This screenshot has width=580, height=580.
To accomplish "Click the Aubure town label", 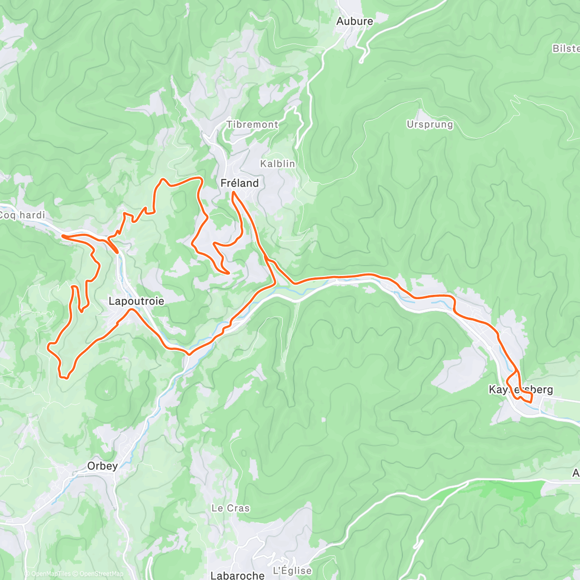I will [x=355, y=21].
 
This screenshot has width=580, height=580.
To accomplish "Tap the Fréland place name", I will [x=239, y=183].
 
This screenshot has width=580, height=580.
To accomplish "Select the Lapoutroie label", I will [x=136, y=302].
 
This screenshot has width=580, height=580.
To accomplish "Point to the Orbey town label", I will [x=102, y=466].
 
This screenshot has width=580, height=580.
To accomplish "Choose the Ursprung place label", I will [x=430, y=125].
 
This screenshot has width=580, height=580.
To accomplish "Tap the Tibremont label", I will [x=252, y=125].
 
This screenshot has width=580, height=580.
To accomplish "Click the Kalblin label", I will [x=277, y=164].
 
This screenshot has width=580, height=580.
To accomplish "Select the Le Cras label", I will [x=231, y=508].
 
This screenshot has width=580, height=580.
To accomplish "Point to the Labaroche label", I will [x=237, y=575].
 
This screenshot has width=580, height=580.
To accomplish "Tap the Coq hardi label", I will [x=22, y=215].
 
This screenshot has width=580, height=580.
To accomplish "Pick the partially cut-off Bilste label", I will [x=566, y=49].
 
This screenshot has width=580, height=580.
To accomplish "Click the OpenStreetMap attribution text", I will [x=101, y=574].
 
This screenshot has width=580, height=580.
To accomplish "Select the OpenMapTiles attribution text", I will [x=51, y=574].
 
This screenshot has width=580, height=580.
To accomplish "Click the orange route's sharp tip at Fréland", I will [x=233, y=192].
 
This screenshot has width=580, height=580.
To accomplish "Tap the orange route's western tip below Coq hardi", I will [x=62, y=236].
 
